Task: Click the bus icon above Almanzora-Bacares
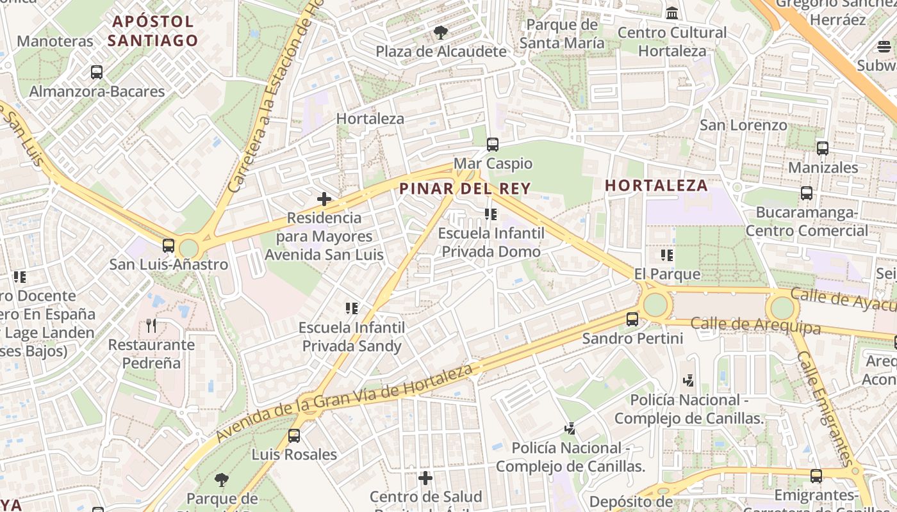[x=97, y=72]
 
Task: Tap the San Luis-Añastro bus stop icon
[x=169, y=245]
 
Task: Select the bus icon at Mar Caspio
[x=492, y=145]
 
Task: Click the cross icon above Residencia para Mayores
[x=324, y=199]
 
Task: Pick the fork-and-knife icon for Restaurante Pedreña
[x=151, y=326]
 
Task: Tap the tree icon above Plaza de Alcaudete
[x=440, y=32]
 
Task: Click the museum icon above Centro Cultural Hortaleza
[x=672, y=13]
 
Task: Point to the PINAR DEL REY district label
[x=465, y=188]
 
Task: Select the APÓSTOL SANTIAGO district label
[x=152, y=31]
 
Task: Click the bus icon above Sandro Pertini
[x=632, y=319]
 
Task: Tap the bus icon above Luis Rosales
[x=294, y=436]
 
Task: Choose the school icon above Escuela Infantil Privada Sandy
[x=351, y=308]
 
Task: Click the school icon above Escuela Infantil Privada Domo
[x=491, y=214]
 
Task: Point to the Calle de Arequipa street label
[x=755, y=325]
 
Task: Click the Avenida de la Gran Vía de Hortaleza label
[x=345, y=403]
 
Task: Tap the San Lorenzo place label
[x=743, y=125]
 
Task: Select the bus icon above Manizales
[x=823, y=148]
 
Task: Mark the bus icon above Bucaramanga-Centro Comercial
[x=807, y=193]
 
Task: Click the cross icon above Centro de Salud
[x=425, y=478]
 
